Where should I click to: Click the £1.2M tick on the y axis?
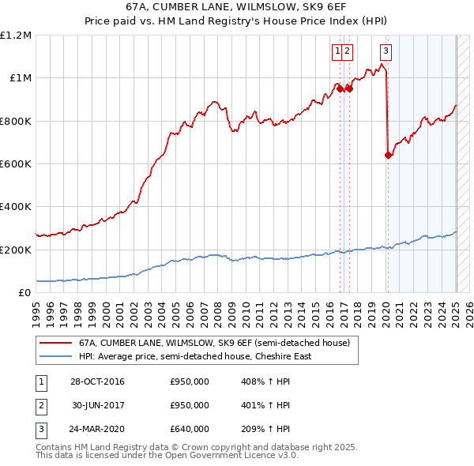coord(16,36)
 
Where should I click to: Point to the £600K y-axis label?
coord(17,164)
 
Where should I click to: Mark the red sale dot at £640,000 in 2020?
coord(388,156)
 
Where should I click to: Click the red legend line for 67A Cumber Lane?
coord(55,344)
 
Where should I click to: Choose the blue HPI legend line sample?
coord(55,356)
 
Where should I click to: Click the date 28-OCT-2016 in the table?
coord(97,382)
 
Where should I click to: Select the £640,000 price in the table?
coord(189,430)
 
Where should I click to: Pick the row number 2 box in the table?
coord(40,406)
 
